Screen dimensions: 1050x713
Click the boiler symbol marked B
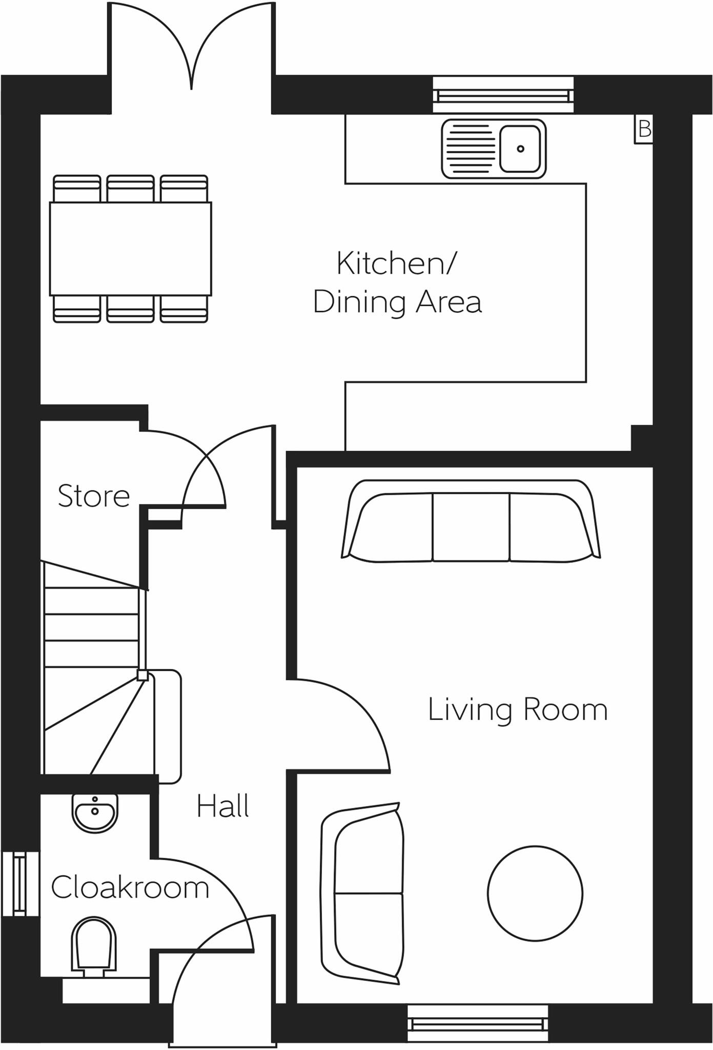[644, 130]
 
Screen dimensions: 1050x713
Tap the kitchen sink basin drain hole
[520, 149]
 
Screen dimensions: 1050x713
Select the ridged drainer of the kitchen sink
[471, 149]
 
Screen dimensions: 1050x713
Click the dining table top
[130, 249]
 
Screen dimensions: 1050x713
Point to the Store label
[94, 496]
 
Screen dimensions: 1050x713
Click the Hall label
[222, 806]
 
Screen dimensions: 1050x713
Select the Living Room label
[517, 710]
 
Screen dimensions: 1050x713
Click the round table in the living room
[535, 894]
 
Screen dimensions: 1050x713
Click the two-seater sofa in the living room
[363, 894]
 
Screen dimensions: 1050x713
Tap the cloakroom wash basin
[95, 812]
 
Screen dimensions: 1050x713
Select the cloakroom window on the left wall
[19, 883]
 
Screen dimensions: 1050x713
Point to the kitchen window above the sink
[503, 95]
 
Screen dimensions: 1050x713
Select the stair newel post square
[142, 676]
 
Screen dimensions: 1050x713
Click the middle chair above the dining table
[130, 188]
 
